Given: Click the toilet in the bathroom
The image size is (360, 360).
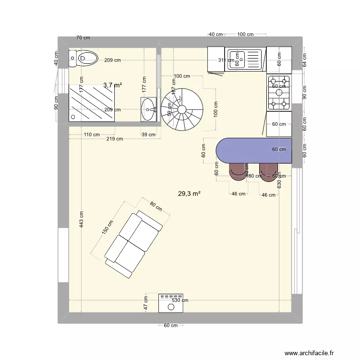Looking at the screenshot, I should point(83,59).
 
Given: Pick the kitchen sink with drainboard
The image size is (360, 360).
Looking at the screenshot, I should point(245,60).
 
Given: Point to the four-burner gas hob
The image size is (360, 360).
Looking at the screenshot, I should point(279,91).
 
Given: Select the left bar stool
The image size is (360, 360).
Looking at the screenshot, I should point(237,171).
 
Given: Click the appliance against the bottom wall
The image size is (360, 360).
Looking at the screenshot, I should point(170,302).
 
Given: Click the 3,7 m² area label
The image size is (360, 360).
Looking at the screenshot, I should point(112,85).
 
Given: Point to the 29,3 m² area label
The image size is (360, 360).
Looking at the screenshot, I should point(189,194).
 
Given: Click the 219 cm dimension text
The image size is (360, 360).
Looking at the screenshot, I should point(115,139).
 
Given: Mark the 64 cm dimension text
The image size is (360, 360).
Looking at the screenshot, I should point(304,60).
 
